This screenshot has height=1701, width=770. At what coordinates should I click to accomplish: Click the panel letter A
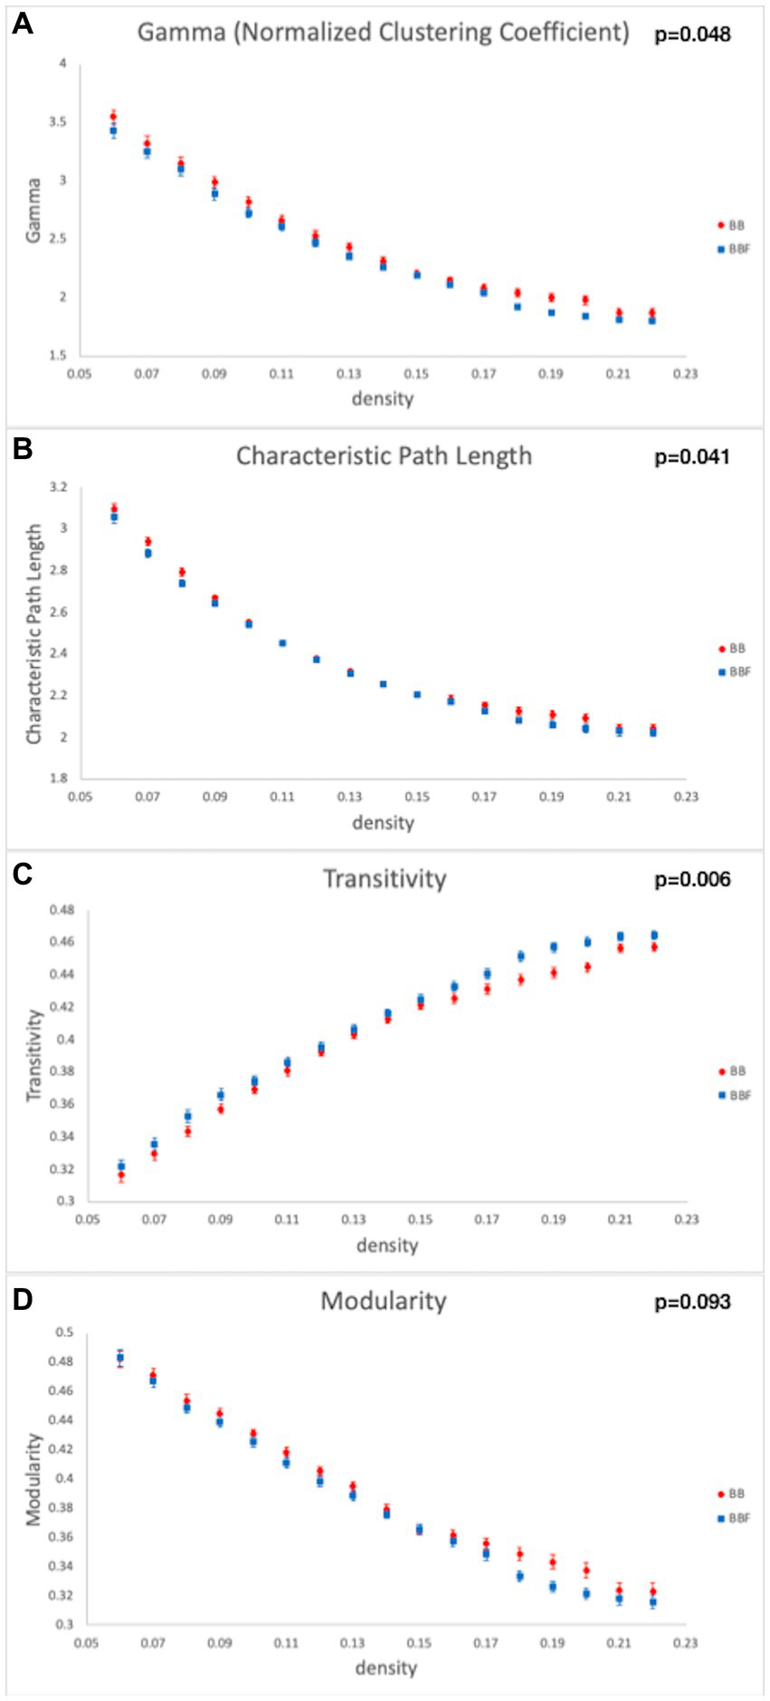22,24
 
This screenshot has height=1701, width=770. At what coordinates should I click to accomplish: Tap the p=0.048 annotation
692,34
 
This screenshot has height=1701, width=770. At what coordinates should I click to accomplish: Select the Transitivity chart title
385,879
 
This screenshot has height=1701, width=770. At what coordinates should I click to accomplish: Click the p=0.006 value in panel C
692,880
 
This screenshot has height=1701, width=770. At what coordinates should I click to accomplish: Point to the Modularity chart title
384,1301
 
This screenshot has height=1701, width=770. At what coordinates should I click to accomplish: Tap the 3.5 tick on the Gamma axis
59,122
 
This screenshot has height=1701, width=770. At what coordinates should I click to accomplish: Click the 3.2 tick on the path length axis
59,487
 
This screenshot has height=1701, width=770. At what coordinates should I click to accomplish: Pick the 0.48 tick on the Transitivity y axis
62,910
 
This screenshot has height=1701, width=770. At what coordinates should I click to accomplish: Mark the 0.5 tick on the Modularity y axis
64,1332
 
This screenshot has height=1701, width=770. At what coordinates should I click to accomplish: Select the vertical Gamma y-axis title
33,210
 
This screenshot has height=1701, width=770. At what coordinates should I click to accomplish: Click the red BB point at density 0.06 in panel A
113,116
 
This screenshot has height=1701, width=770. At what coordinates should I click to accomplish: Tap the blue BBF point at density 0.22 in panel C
654,935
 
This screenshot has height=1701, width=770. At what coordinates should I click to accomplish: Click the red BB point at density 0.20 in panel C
587,967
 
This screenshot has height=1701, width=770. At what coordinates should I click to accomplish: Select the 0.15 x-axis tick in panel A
416,374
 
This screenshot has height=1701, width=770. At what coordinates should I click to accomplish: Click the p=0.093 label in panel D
692,1302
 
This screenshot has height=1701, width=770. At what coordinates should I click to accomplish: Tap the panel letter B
22,448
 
